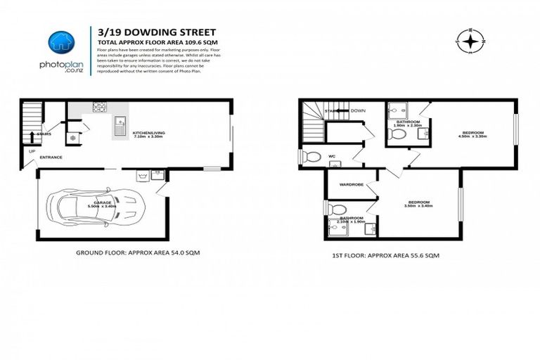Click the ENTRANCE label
(x=51, y=157)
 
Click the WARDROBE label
(x=351, y=185)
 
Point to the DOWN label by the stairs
(x=358, y=110)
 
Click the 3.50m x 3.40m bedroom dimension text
(x=418, y=207)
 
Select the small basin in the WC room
(x=335, y=165)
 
